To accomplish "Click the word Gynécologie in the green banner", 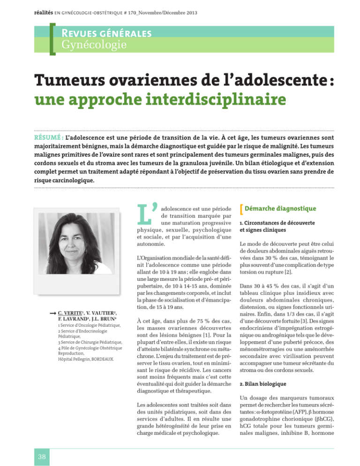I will (x=90, y=45).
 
